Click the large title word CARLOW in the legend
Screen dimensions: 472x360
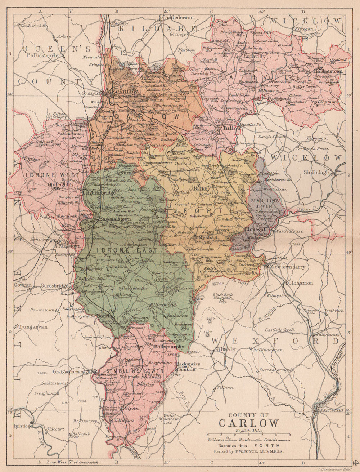[x=249, y=423]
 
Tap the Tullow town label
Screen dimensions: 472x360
[x=227, y=128]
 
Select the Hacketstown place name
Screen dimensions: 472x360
[x=327, y=71]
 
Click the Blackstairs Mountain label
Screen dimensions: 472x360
[x=185, y=366]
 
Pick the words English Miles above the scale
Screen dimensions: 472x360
[x=249, y=431]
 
